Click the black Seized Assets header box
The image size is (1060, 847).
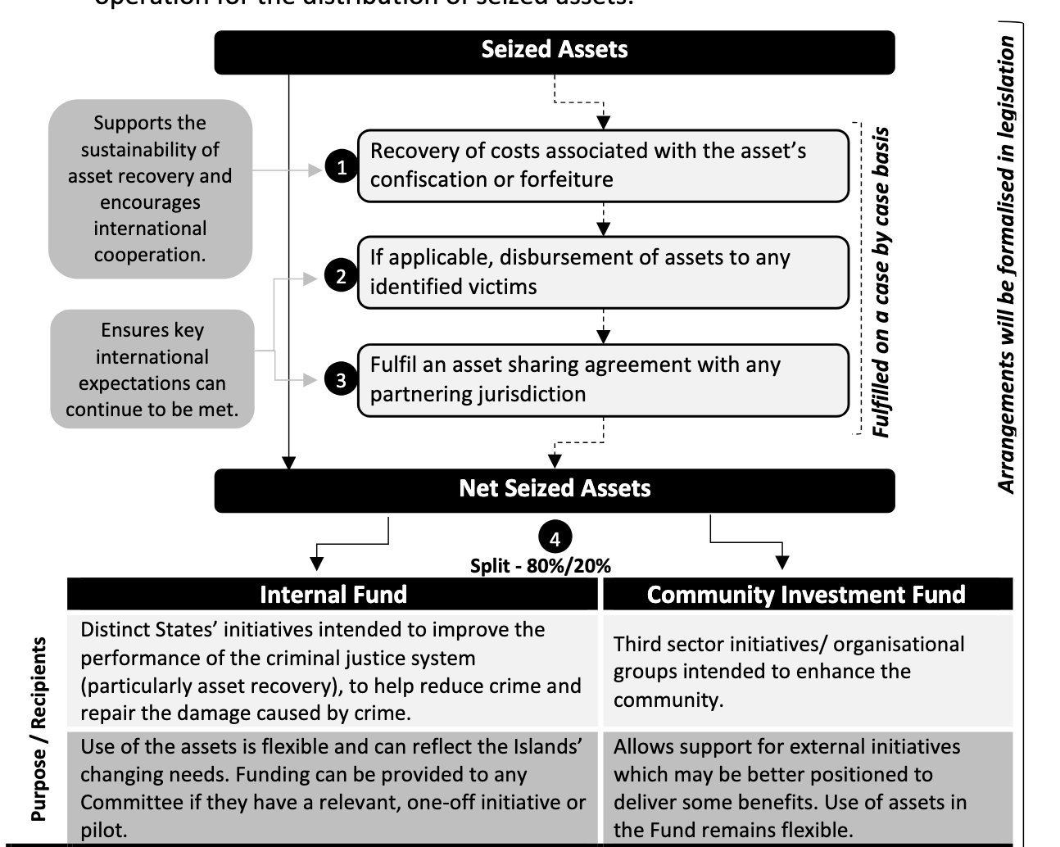click(554, 51)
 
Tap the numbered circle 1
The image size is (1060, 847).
click(341, 167)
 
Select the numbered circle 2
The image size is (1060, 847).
click(341, 276)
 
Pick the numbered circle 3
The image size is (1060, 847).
click(341, 380)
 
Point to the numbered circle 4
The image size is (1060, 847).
click(555, 539)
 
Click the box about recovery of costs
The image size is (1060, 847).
click(603, 165)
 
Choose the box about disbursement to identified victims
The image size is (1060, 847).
click(603, 272)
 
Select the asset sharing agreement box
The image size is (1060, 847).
click(603, 379)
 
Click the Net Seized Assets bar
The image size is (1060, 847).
click(554, 489)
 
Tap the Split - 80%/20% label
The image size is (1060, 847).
click(541, 566)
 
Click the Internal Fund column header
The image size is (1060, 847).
click(333, 595)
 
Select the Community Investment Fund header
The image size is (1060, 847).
click(806, 595)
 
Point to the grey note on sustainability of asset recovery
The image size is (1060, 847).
click(150, 188)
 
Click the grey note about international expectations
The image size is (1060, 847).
click(152, 369)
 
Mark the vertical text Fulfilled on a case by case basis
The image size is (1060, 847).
click(881, 283)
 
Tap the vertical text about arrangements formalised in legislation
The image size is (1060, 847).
click(1007, 264)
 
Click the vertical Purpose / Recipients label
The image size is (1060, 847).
click(39, 729)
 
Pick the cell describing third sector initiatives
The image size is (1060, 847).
click(806, 672)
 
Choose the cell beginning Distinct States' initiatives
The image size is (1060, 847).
click(333, 671)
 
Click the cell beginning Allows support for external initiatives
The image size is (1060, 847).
click(806, 788)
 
